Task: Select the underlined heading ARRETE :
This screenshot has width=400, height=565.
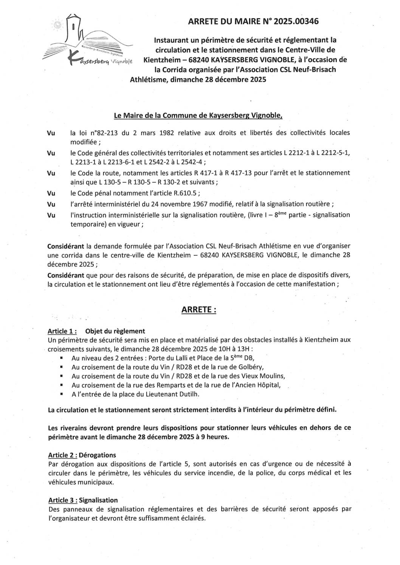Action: [x=199, y=310]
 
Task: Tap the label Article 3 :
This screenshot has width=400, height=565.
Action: [x=63, y=500]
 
